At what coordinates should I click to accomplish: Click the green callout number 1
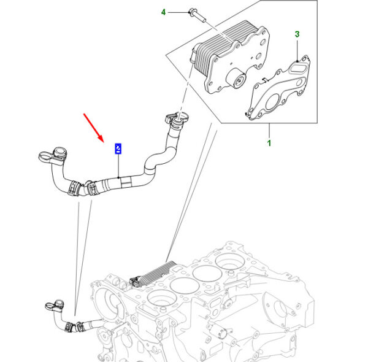coord(268,144)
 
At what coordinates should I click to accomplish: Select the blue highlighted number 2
coord(118,148)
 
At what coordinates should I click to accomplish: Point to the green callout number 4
coord(163,12)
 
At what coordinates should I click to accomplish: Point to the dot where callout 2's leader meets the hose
coord(118,178)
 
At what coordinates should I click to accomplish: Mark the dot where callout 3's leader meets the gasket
coord(297,60)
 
